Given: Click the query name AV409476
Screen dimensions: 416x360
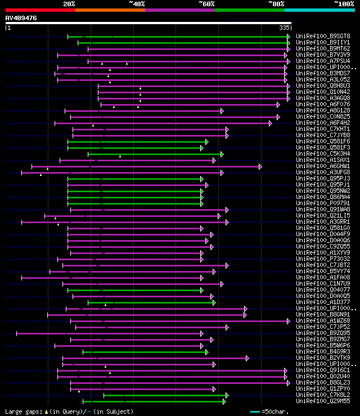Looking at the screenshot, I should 21,18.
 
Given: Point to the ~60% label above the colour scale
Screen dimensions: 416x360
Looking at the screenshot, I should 206,3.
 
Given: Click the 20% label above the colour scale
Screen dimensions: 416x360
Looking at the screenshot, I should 69,3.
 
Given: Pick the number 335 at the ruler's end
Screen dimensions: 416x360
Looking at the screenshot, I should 284,27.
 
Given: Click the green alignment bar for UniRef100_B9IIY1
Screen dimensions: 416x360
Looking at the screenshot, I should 183,42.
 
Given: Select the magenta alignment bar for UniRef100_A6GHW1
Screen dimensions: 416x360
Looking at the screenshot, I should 146,166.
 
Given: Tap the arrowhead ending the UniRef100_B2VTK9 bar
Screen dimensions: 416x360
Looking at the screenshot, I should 247,358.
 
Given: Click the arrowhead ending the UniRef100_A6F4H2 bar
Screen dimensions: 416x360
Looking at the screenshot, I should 271,123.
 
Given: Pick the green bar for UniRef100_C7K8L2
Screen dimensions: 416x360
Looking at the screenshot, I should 166,395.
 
